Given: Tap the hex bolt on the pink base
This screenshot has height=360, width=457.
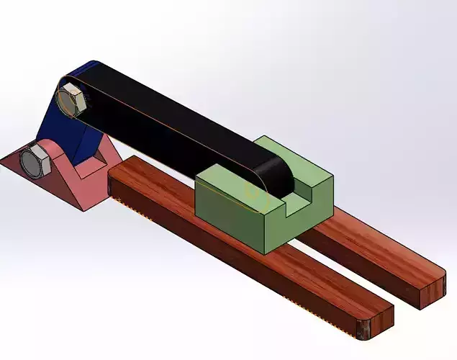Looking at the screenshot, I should pos(34,161).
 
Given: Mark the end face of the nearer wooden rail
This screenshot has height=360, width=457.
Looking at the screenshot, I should pos(376,323).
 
